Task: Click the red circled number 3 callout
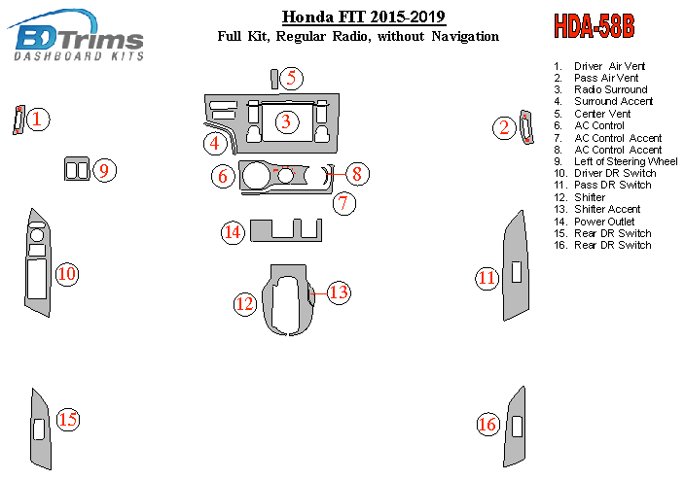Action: pyautogui.click(x=286, y=121)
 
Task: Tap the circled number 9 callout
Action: pyautogui.click(x=105, y=170)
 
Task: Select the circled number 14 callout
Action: pyautogui.click(x=232, y=232)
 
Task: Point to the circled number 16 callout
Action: pyautogui.click(x=487, y=424)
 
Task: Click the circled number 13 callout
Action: pyautogui.click(x=339, y=291)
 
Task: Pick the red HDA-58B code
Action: pyautogui.click(x=594, y=26)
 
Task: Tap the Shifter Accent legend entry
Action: pyautogui.click(x=606, y=209)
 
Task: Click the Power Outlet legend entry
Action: pyautogui.click(x=604, y=222)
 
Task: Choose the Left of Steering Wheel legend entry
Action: pyautogui.click(x=626, y=161)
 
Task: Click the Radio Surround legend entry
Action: pyautogui.click(x=610, y=89)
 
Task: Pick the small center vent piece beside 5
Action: pyautogui.click(x=274, y=79)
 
